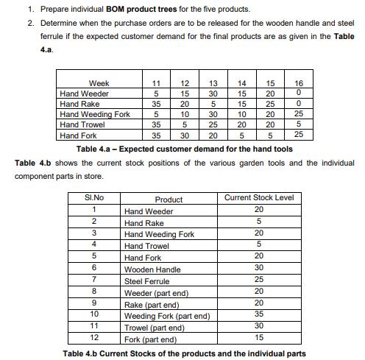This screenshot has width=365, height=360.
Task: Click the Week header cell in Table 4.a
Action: [99, 83]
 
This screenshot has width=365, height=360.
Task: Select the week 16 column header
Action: [297, 83]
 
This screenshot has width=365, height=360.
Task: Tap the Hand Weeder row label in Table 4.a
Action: [84, 93]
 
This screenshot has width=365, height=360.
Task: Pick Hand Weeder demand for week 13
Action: [213, 93]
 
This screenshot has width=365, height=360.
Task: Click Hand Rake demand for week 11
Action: [156, 104]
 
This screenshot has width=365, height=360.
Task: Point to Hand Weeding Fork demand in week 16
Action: [297, 114]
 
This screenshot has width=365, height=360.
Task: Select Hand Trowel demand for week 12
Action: [185, 125]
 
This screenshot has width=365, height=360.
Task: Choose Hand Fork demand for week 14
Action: [242, 135]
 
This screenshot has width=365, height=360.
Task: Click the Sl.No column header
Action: [94, 199]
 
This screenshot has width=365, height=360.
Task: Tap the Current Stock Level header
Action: [258, 198]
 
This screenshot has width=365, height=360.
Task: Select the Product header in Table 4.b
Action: [169, 200]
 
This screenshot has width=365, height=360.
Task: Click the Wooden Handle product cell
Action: [152, 269]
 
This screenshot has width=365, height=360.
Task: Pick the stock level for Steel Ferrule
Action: [258, 280]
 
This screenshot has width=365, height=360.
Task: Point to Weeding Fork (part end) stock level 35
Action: [258, 314]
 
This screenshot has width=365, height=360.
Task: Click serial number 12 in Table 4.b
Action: [94, 338]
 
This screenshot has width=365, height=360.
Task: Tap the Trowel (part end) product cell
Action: [155, 328]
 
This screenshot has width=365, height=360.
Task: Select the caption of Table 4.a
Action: [184, 149]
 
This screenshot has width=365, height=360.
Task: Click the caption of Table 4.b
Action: [184, 353]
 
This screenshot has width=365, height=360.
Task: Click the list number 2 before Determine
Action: [31, 23]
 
